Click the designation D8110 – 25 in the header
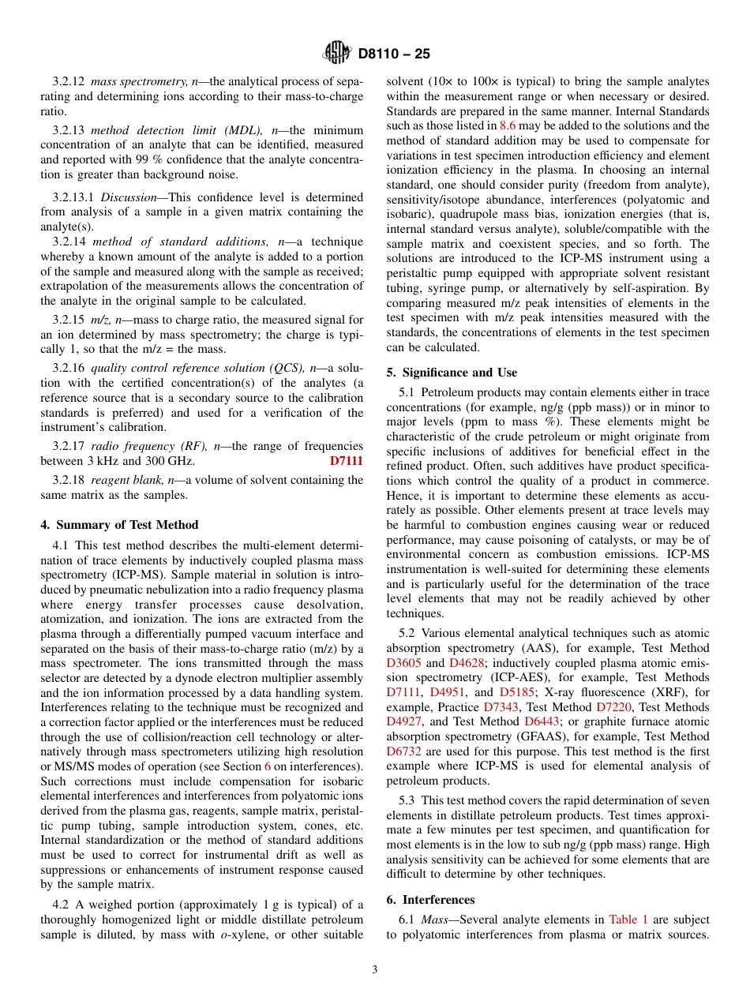click(x=393, y=54)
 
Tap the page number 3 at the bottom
click(x=375, y=970)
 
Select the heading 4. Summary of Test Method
click(x=119, y=524)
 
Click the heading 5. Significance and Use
click(x=452, y=373)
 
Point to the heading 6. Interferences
click(x=430, y=899)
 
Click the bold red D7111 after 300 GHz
click(x=346, y=461)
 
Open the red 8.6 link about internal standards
click(x=508, y=126)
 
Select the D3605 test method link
click(x=404, y=662)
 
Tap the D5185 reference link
click(x=516, y=692)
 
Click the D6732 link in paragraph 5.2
click(x=404, y=751)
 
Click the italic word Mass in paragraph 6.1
click(x=434, y=920)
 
